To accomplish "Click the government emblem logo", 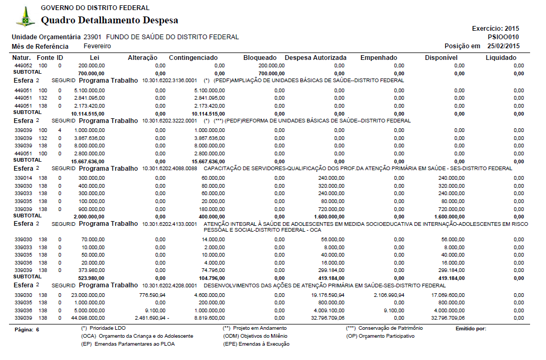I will (x=25, y=17).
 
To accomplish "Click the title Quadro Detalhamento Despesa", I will (x=109, y=21).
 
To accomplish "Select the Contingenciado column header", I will (x=193, y=57).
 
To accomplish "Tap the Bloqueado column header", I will (x=260, y=57).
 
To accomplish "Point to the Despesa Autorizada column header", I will (x=316, y=57).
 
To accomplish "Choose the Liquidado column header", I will (x=501, y=57).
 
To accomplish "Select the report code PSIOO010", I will (x=503, y=37).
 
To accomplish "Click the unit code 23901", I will (x=93, y=37).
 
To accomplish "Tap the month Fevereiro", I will (x=98, y=46).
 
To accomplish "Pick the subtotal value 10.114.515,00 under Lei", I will (x=88, y=113).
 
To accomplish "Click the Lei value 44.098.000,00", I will (x=88, y=318).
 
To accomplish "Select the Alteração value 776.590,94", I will (x=152, y=295).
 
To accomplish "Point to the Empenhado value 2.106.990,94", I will (x=389, y=295).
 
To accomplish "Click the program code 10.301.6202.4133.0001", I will (x=169, y=225).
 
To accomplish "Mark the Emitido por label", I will (x=471, y=329).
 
